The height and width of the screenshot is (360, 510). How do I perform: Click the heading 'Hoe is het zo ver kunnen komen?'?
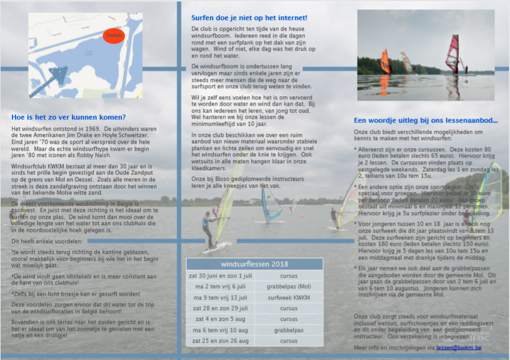click(x=69, y=117)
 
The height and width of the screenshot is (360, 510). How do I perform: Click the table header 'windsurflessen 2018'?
click(x=254, y=264)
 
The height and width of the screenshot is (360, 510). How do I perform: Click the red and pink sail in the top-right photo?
click(x=452, y=54)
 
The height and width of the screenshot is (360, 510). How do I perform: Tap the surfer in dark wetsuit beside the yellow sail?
click(x=207, y=228)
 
